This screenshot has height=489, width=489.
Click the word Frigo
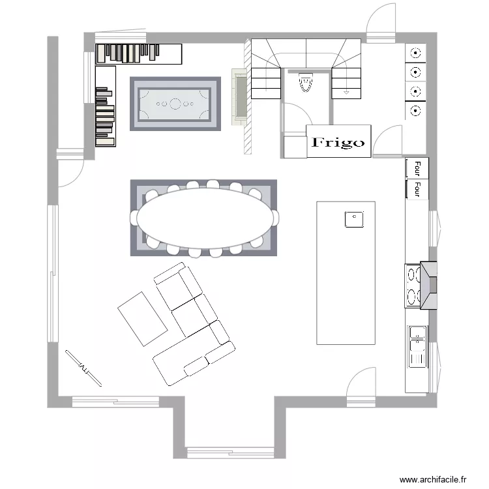tap(338, 142)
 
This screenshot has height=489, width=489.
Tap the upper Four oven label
tap(417, 168)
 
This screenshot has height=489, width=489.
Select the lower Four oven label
tap(417, 189)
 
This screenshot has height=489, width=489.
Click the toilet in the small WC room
tap(306, 82)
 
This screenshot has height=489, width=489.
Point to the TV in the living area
tap(83, 368)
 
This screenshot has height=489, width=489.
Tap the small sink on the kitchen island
tap(354, 219)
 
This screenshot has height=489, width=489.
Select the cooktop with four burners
tap(413, 286)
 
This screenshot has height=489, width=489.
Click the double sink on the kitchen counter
tap(417, 347)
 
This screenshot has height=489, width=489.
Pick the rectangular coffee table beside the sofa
tap(143, 319)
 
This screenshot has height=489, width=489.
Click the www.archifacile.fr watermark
tap(433, 479)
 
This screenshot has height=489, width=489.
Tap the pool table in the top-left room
tap(175, 104)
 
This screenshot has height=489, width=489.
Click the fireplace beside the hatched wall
tap(240, 96)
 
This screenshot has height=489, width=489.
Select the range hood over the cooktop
tap(428, 286)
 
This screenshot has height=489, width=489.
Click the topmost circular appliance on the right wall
tap(415, 53)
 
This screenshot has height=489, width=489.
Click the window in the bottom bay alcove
tap(230, 452)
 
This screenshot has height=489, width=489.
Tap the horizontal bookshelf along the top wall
tap(138, 54)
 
